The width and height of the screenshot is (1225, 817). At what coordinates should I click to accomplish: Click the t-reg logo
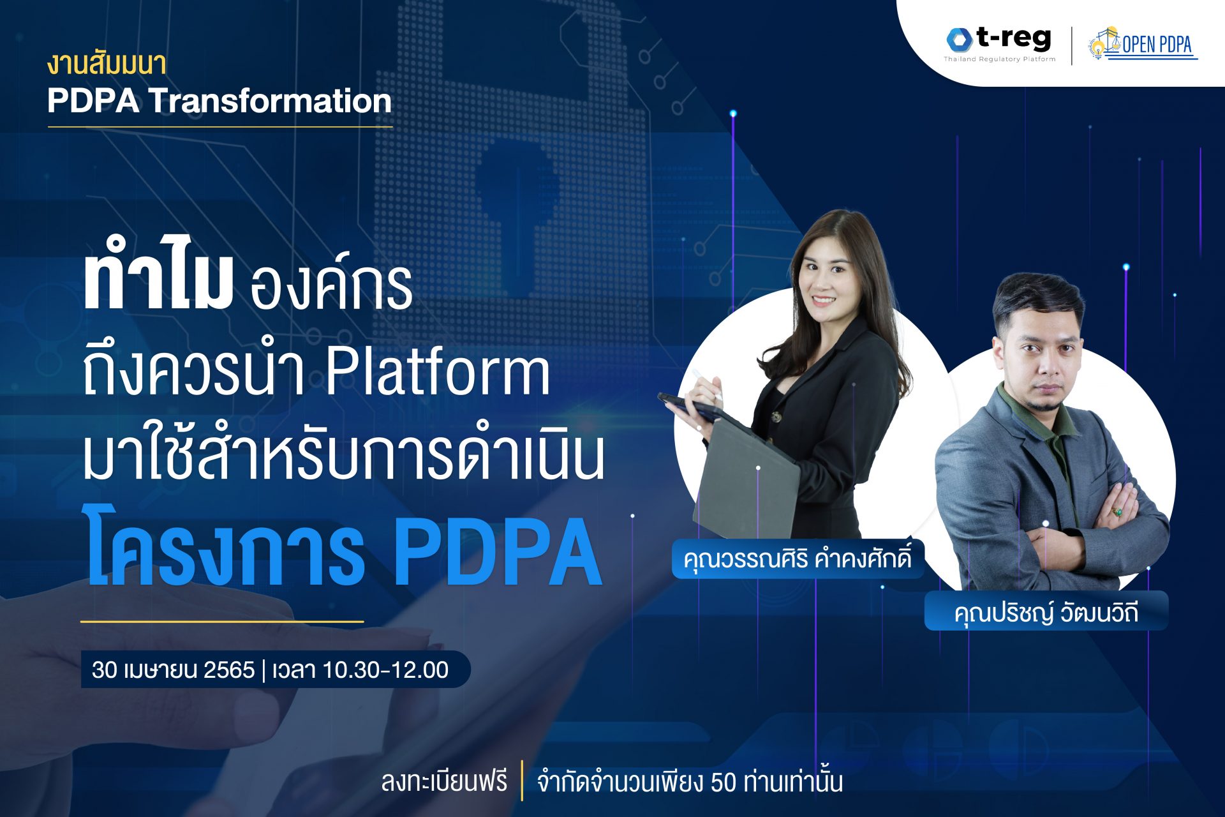point(1000,43)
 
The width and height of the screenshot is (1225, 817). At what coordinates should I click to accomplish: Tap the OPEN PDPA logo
point(1143,44)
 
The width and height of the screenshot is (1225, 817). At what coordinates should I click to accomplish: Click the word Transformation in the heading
point(270,101)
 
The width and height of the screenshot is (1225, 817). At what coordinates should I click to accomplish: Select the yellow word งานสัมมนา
point(107,64)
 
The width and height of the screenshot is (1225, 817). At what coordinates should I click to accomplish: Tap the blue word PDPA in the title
point(498,552)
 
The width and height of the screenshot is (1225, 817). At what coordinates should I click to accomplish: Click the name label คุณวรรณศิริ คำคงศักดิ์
point(798,559)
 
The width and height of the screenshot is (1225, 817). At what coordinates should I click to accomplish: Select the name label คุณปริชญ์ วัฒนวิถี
point(1046,611)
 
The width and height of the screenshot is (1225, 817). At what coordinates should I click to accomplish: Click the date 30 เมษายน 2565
point(173,670)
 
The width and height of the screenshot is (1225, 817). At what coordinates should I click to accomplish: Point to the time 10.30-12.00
point(385,670)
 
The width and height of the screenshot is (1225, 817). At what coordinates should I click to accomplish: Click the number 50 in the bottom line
point(724,782)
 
